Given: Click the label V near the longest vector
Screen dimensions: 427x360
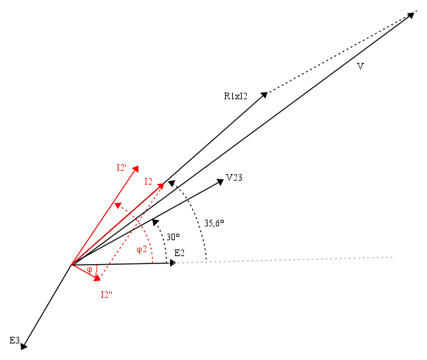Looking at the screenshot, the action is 360,66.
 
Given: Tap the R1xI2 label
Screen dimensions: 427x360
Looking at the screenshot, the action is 236,96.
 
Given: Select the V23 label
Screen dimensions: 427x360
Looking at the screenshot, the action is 234,177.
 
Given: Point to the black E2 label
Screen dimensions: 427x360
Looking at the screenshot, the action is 179,253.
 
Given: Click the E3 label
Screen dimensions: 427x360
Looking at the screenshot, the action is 15,340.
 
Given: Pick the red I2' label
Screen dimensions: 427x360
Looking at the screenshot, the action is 121,167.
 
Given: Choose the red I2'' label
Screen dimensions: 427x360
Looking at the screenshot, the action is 107,294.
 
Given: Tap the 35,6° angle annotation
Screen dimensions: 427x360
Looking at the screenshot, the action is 214,223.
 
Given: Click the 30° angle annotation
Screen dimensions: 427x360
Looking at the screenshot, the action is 173,237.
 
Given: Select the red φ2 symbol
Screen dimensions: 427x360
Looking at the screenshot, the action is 142,249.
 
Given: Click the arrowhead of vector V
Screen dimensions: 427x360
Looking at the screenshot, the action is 410,15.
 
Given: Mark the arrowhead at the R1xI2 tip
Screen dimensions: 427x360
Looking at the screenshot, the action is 264,95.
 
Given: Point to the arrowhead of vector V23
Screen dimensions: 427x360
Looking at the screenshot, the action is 220,181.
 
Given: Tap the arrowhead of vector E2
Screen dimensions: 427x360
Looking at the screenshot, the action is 173,263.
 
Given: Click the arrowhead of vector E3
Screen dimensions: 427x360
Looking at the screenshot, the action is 24,346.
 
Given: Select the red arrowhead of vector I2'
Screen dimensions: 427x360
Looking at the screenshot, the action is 135,169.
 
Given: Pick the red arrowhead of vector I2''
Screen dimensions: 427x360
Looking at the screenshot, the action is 97,279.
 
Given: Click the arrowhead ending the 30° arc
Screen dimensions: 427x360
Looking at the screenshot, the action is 155,222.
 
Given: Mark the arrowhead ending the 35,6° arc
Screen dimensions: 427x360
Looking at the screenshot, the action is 171,183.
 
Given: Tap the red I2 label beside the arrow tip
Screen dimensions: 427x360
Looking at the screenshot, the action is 148,181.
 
